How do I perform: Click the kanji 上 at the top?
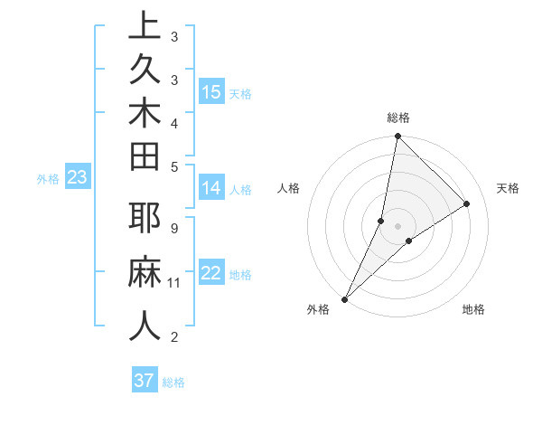[x=145, y=25]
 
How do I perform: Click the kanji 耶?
[x=145, y=219]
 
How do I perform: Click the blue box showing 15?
[x=211, y=91]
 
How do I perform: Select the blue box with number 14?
[x=211, y=189]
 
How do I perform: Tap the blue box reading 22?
[x=211, y=273]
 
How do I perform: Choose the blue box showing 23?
[x=78, y=178]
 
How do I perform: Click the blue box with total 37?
[x=144, y=381]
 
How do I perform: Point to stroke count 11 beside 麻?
[x=174, y=283]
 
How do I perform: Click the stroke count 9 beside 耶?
[x=174, y=228]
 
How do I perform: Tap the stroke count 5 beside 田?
[x=174, y=165]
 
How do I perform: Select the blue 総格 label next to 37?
[x=173, y=382]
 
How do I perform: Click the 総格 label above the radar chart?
[x=398, y=118]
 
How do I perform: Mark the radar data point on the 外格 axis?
[x=345, y=298]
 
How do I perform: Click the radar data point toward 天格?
[x=467, y=203]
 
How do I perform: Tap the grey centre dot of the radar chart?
[x=398, y=226]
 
